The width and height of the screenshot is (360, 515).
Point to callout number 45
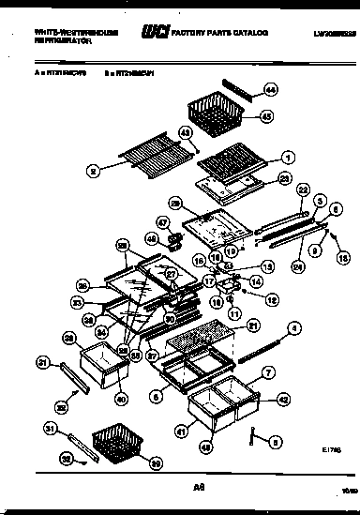[x=267, y=117]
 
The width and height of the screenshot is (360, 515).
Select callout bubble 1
[x=288, y=157]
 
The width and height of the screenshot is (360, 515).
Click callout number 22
[x=302, y=188]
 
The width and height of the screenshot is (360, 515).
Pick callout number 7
[x=270, y=373]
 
